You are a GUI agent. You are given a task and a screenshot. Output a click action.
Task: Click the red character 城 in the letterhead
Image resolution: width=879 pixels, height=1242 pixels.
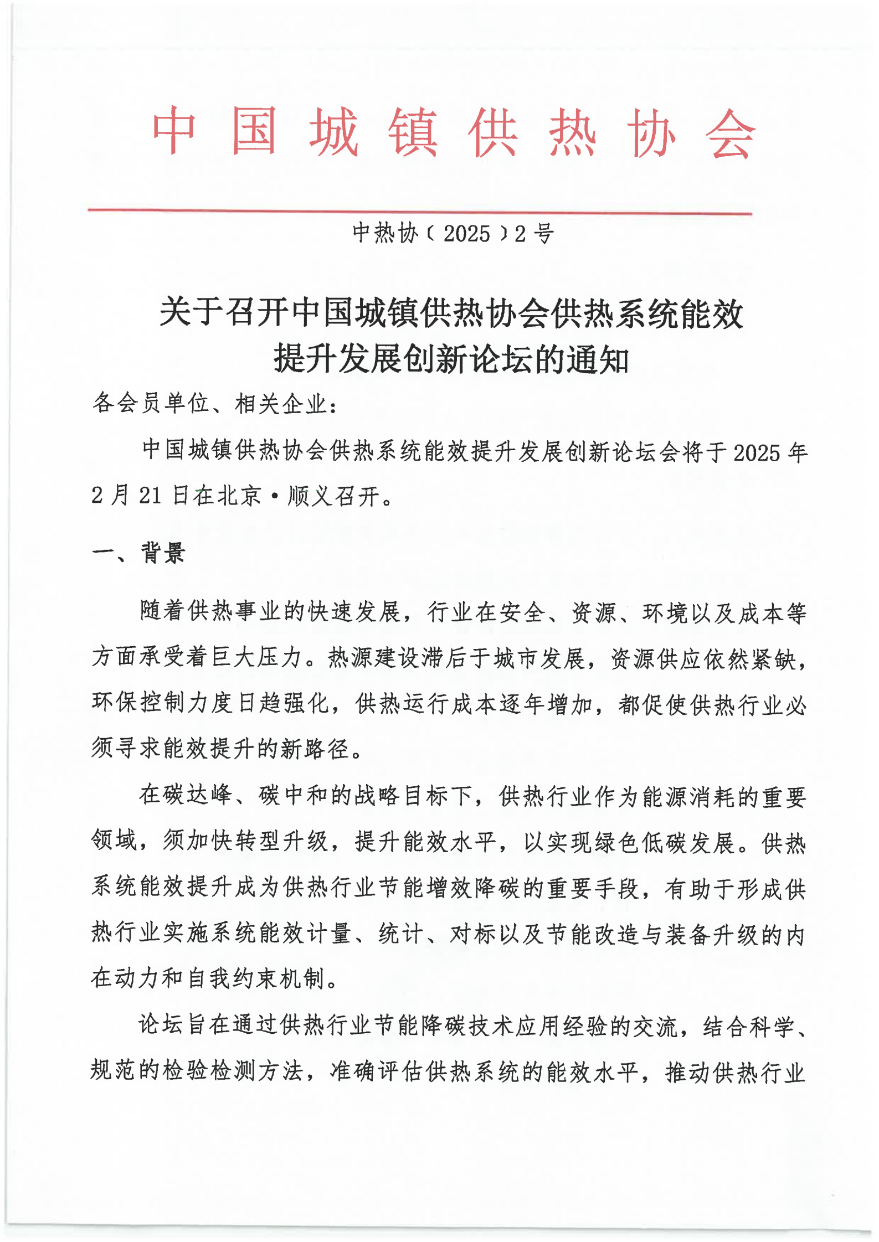333,133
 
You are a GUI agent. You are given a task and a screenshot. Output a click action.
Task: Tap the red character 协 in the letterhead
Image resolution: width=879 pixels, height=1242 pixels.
651,133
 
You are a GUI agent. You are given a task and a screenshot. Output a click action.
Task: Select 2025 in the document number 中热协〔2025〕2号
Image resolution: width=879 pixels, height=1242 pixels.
466,234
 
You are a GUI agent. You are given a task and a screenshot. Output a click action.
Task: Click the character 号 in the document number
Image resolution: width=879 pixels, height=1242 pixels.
543,234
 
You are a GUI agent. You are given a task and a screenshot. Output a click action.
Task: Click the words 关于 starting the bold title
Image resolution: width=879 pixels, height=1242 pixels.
191,313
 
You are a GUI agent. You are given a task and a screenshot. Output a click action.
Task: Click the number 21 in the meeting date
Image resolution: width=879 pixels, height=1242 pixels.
150,495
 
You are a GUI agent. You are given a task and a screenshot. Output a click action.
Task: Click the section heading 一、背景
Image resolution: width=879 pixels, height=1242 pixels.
138,553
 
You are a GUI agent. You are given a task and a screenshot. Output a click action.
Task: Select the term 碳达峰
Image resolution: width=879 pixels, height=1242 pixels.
186,795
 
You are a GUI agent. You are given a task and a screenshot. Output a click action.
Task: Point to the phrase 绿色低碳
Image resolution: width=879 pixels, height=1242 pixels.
640,842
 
